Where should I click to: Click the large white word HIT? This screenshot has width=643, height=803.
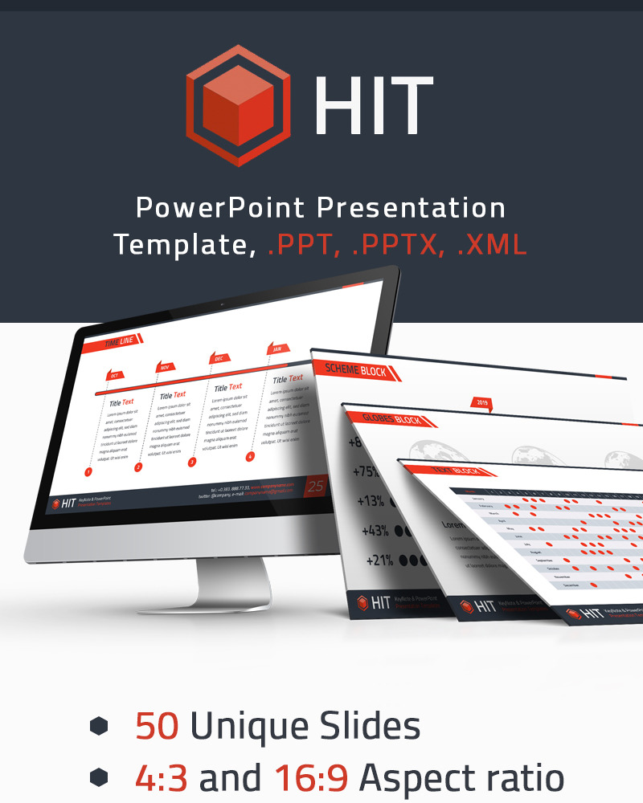click(374, 106)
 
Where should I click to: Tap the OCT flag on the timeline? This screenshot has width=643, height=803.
click(115, 375)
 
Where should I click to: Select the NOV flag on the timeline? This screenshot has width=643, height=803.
click(166, 367)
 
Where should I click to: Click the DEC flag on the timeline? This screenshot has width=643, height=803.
click(219, 359)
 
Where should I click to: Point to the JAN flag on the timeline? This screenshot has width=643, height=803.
click(276, 349)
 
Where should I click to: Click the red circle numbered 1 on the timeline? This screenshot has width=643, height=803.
click(88, 473)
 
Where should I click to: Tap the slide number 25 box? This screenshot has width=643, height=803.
click(315, 486)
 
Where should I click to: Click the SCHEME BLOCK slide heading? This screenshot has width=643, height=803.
click(355, 370)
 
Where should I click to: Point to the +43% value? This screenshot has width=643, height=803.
click(375, 531)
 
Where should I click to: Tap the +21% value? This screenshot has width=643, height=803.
click(380, 560)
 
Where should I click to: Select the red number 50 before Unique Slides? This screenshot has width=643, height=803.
click(157, 726)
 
